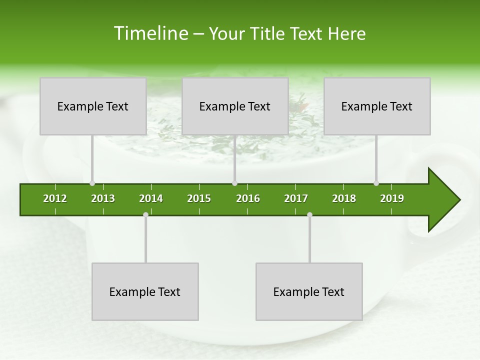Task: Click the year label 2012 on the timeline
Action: (x=55, y=198)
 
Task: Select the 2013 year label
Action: (x=103, y=198)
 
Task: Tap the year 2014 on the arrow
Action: (x=151, y=198)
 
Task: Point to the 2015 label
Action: (x=199, y=198)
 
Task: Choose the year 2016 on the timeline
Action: (x=248, y=198)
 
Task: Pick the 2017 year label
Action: (x=296, y=198)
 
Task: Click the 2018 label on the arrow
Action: (x=344, y=198)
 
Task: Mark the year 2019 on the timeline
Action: (x=392, y=198)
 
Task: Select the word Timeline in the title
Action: (x=149, y=33)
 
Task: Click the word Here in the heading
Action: (x=346, y=33)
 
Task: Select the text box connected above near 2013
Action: (x=93, y=106)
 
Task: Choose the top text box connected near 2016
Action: (x=235, y=106)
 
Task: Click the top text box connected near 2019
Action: (x=377, y=106)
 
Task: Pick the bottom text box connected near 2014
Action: (x=145, y=291)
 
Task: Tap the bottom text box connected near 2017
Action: (x=309, y=291)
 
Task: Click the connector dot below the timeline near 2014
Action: (x=145, y=214)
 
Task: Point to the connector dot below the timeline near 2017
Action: (x=309, y=214)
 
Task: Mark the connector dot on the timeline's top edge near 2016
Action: (x=235, y=183)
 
